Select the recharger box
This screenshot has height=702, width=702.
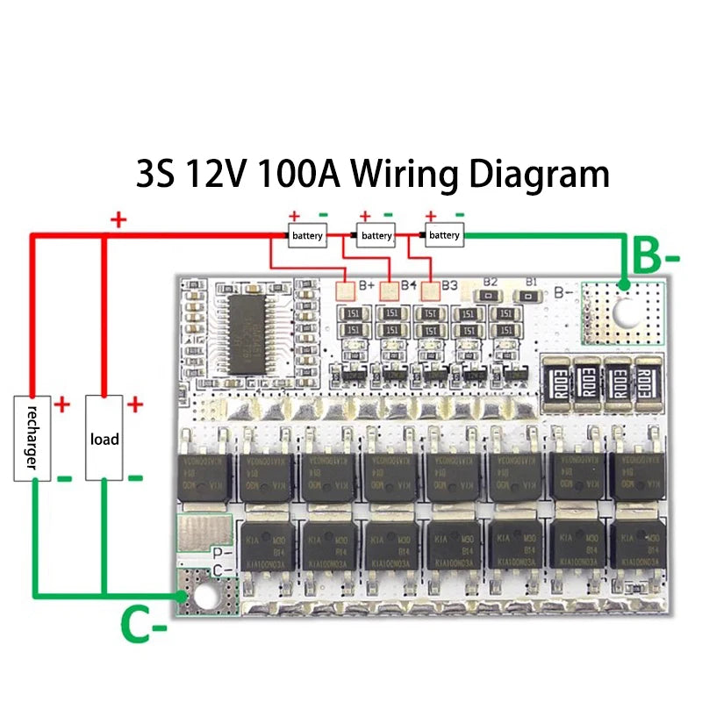tap(31, 438)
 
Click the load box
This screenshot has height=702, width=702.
tap(104, 438)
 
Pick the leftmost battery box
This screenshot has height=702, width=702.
tap(308, 235)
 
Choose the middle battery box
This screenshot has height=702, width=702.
tap(376, 235)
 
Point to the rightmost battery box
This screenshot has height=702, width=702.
tap(444, 235)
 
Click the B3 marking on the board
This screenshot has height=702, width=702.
tap(449, 284)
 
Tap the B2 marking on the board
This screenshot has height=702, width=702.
tap(491, 283)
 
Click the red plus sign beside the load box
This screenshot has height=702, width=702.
tap(135, 405)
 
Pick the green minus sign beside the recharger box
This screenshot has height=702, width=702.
tap(63, 479)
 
